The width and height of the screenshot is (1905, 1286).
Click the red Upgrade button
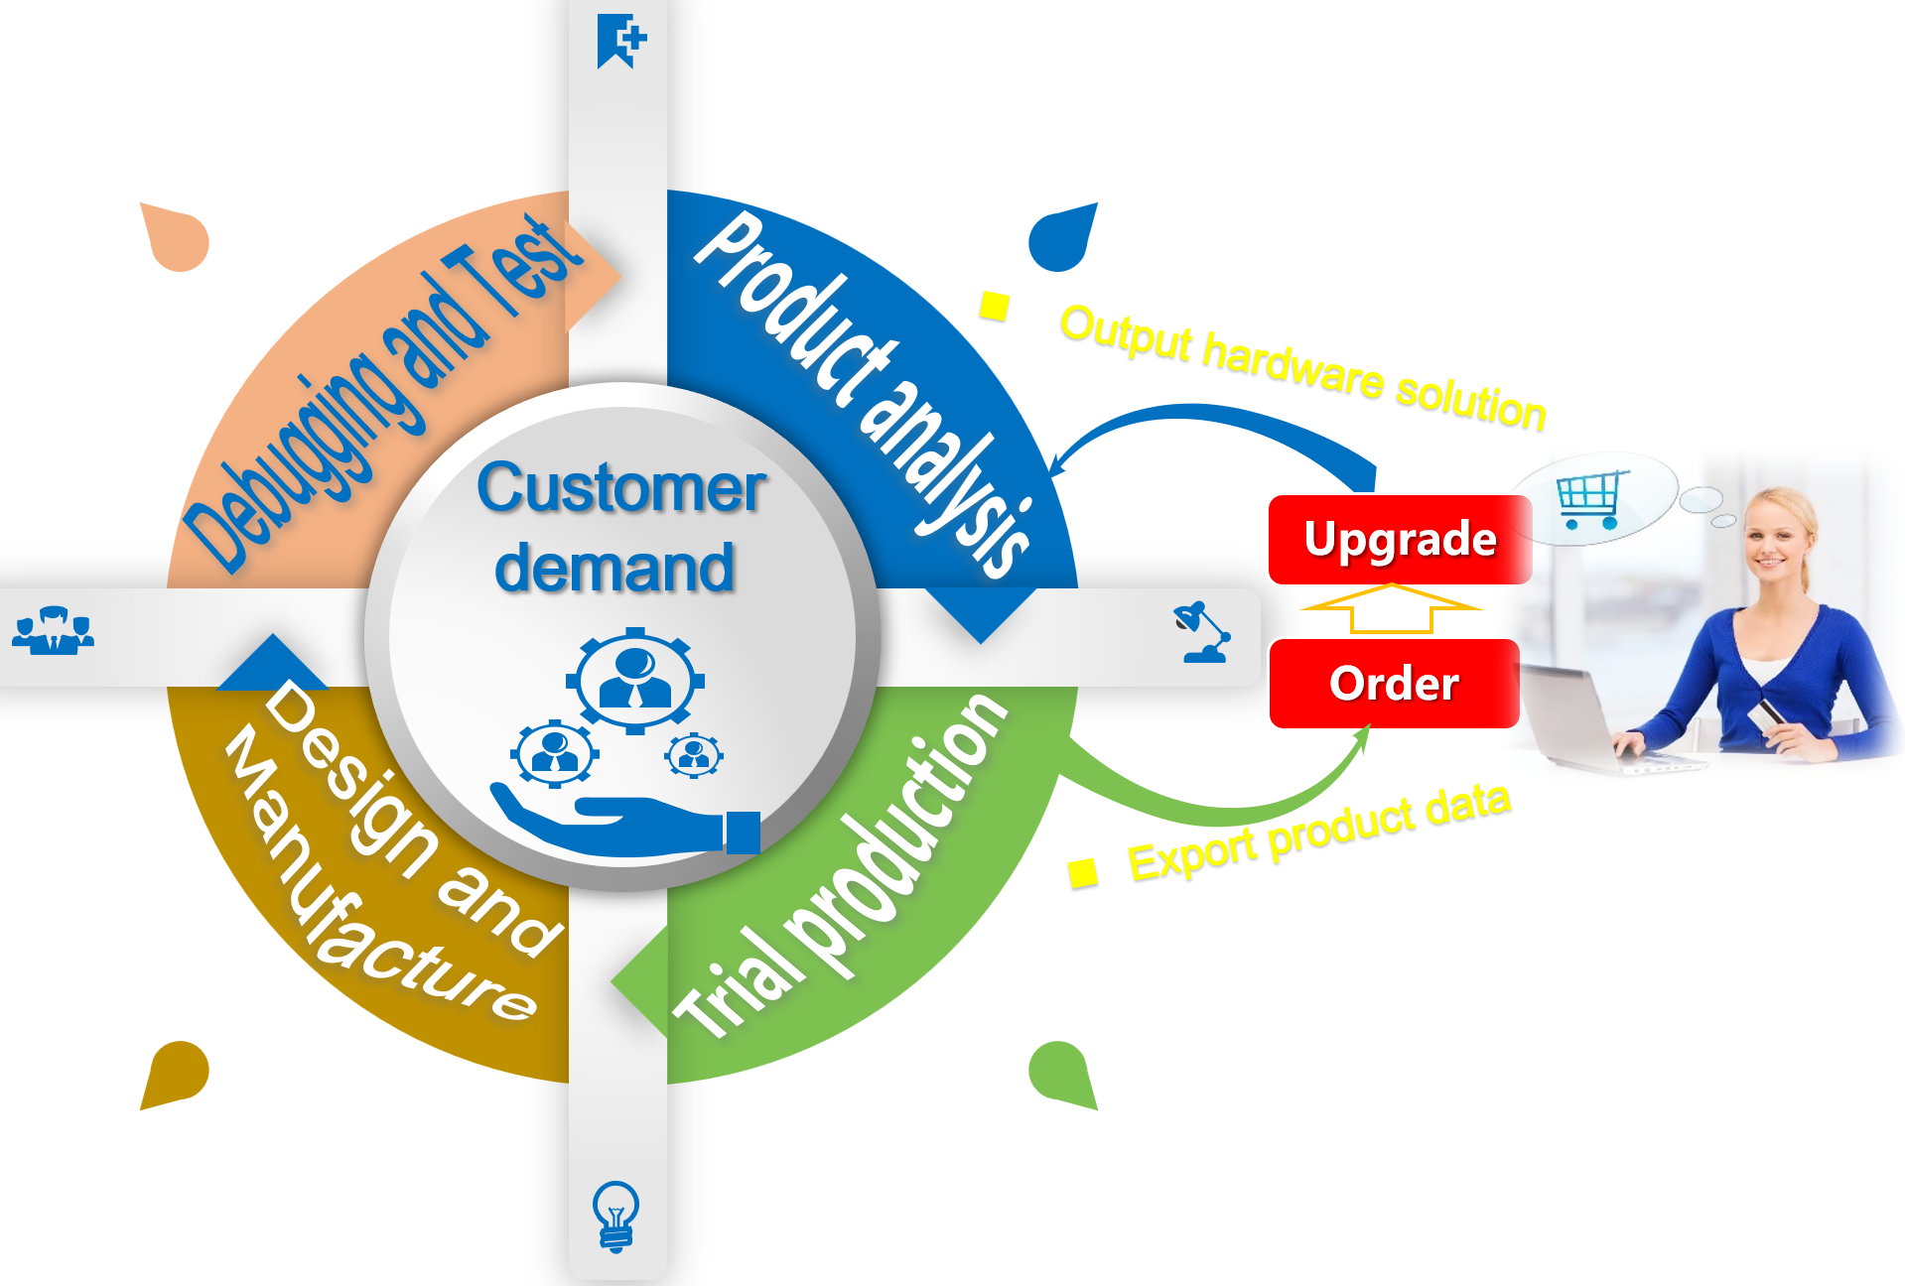1400,540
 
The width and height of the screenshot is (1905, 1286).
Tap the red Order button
1394,684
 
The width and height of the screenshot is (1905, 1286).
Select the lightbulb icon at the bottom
615,1216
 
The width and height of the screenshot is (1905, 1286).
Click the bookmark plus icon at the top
620,41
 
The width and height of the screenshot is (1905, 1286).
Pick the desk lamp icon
1204,632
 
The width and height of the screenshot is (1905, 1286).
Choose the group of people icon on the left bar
54,631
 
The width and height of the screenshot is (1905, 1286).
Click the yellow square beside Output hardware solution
994,306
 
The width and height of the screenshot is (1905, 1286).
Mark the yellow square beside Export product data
1082,872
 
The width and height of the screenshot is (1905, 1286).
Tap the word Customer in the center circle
621,488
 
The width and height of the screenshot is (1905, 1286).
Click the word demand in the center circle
615,569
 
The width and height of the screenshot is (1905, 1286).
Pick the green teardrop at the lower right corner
1062,1074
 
